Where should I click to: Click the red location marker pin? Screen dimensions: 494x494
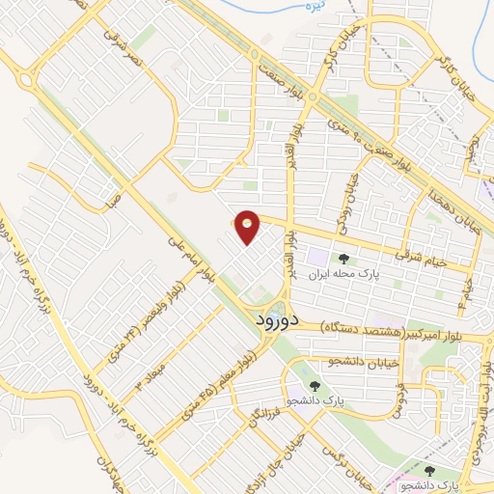(x=248, y=227)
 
